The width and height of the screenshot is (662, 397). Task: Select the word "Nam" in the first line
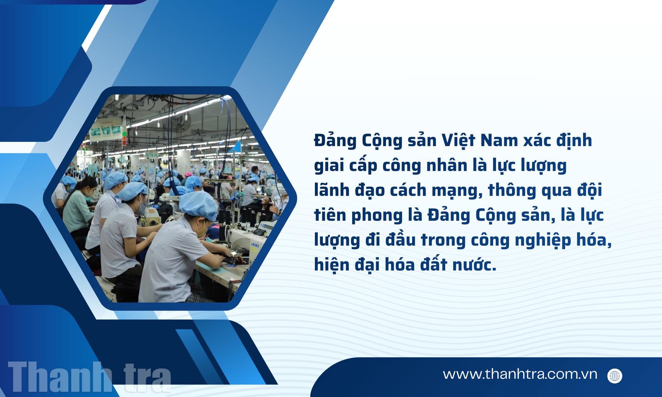tap(499, 141)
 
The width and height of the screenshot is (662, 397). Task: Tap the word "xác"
tap(537, 141)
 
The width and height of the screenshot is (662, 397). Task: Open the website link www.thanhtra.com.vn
tap(520, 374)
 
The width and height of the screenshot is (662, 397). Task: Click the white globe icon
tap(615, 376)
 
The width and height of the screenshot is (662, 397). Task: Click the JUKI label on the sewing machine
tap(254, 245)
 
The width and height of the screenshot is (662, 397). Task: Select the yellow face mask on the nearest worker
tap(202, 231)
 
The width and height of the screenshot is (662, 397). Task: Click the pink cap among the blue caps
tap(188, 175)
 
